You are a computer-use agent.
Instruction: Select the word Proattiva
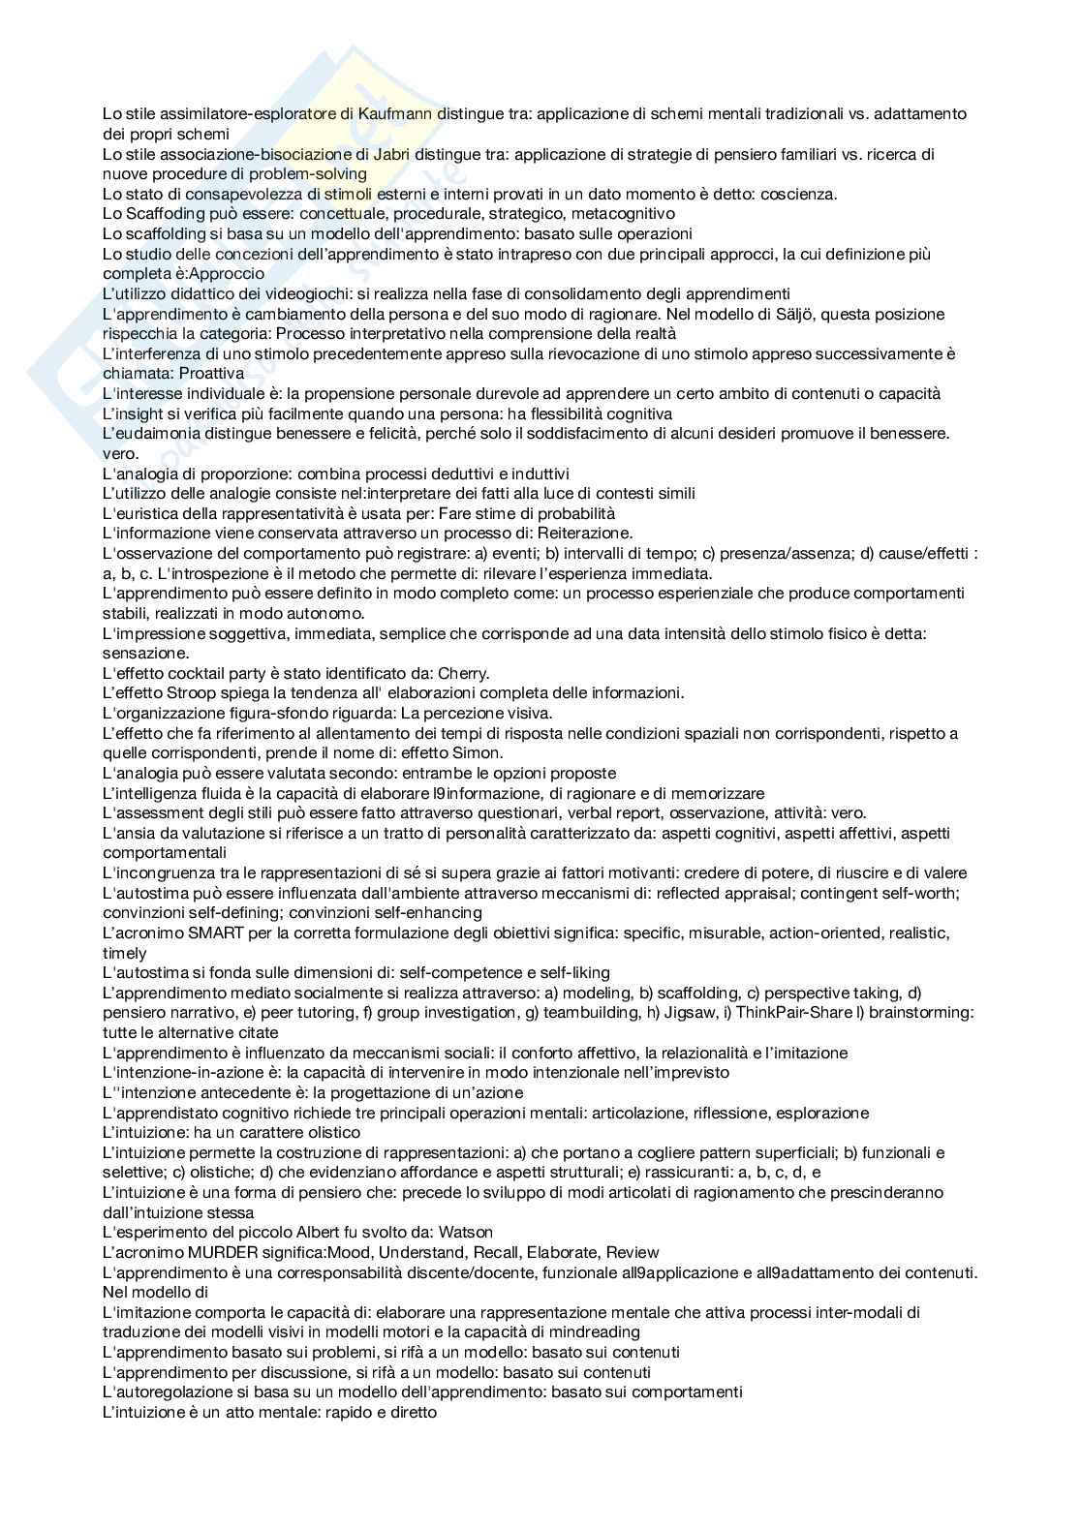210,374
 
